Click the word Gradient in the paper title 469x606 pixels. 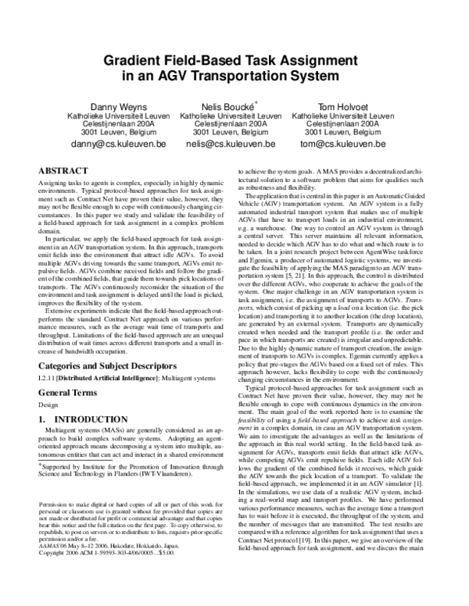[x=134, y=63]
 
